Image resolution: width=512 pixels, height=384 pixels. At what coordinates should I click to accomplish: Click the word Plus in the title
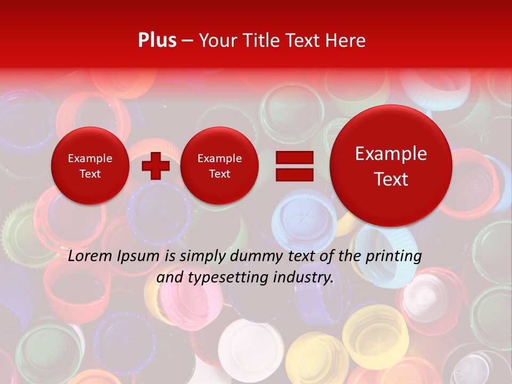click(x=157, y=41)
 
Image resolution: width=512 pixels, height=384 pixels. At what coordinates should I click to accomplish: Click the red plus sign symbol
click(x=155, y=166)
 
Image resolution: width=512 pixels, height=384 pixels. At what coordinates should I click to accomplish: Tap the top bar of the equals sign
click(x=294, y=158)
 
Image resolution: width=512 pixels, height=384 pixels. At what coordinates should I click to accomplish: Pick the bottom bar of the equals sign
click(x=294, y=174)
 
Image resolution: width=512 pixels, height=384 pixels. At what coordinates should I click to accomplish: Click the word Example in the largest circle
click(x=391, y=154)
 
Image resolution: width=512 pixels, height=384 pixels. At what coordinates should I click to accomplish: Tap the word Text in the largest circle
click(x=391, y=179)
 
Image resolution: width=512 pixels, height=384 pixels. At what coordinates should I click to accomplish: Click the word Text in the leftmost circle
click(x=90, y=174)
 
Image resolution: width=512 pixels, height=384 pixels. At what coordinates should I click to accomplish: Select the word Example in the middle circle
click(x=219, y=158)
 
